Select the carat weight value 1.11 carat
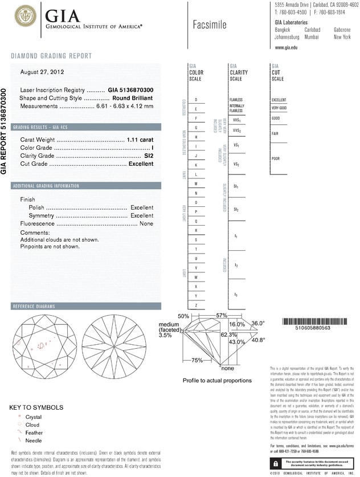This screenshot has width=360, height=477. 140,140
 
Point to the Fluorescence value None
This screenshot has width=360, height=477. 146,224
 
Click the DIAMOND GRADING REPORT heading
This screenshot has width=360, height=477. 51,55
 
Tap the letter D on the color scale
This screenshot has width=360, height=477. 197,100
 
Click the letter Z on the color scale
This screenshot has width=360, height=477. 197,306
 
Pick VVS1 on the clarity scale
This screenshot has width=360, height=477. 236,121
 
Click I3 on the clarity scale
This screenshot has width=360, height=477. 236,294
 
